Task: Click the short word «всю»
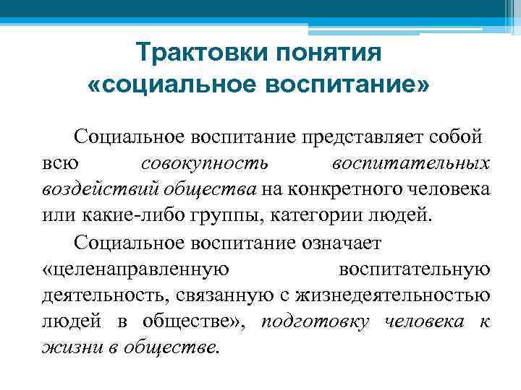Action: point(57,163)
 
